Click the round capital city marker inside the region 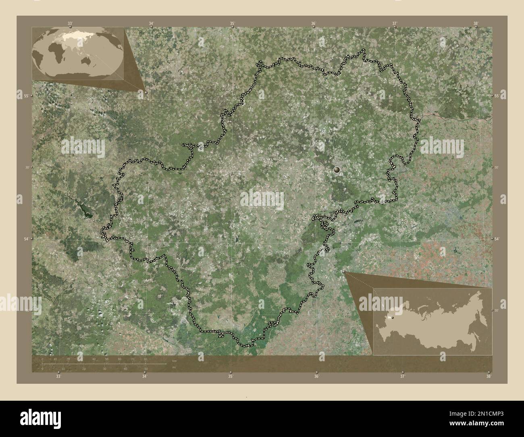coord(337,171)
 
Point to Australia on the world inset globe coord(86,60)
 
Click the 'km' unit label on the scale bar coord(174,360)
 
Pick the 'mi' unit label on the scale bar coord(174,367)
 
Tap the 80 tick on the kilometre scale coord(146,359)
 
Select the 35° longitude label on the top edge coord(233,23)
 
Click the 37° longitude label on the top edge coord(395,23)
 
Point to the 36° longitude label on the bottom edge coord(317,377)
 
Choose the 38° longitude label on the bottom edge coord(489,377)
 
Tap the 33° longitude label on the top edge coord(70,23)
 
